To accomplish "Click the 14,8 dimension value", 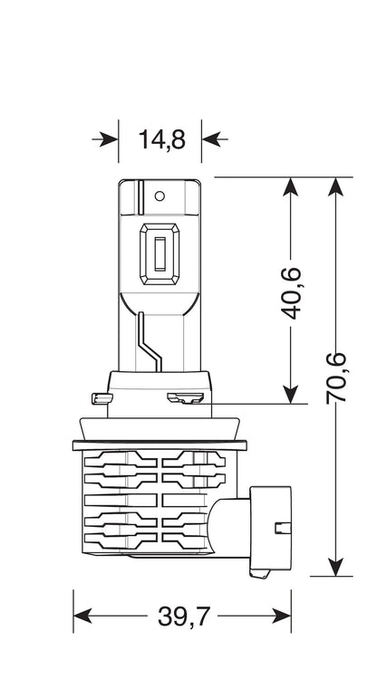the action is tap(161, 139).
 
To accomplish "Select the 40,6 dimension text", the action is tap(291, 293).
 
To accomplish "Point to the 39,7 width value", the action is tap(184, 617).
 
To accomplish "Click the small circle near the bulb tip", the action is tap(159, 196).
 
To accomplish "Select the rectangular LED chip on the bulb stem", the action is tap(159, 253).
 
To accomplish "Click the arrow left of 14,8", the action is tap(105, 139).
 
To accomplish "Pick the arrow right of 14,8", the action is tap(215, 139).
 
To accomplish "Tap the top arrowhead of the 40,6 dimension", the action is tap(291, 187).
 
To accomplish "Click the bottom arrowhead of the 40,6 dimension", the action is tap(291, 394).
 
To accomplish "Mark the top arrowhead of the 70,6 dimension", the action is tap(336, 187).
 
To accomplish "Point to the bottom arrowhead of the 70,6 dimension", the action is tap(336, 567).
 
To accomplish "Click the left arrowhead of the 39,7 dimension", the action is tap(82, 616).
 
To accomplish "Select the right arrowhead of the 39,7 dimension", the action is tap(281, 616).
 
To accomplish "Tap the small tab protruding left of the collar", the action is tap(100, 398).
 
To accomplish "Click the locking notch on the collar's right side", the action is tap(185, 397).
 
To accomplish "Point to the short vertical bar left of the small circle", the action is tap(140, 197).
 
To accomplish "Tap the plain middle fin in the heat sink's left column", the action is tap(121, 500).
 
